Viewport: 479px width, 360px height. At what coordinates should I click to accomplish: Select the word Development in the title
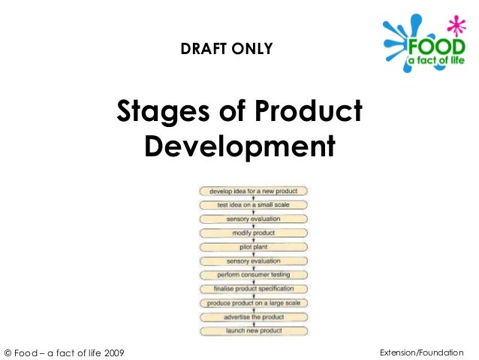[x=239, y=145]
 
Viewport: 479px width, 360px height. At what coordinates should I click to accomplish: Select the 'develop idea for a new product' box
[x=253, y=192]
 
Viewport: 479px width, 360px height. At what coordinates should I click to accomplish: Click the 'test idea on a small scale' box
[x=253, y=205]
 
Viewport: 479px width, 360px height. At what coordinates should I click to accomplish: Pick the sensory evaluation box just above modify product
[x=253, y=219]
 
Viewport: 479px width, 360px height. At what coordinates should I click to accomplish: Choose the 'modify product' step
[x=253, y=233]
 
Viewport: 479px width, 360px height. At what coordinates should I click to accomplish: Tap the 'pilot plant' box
[x=253, y=247]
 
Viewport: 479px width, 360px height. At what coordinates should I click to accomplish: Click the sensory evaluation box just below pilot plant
[x=253, y=261]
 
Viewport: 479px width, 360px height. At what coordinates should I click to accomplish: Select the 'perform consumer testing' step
[x=253, y=275]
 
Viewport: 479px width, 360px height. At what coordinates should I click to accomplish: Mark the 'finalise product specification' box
[x=253, y=289]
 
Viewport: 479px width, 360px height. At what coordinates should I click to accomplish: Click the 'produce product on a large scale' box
[x=253, y=303]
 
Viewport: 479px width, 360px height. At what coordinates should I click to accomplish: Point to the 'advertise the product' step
[x=253, y=316]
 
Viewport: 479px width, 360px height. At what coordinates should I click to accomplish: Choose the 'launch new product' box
[x=253, y=331]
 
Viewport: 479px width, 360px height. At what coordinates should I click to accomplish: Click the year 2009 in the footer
[x=113, y=352]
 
